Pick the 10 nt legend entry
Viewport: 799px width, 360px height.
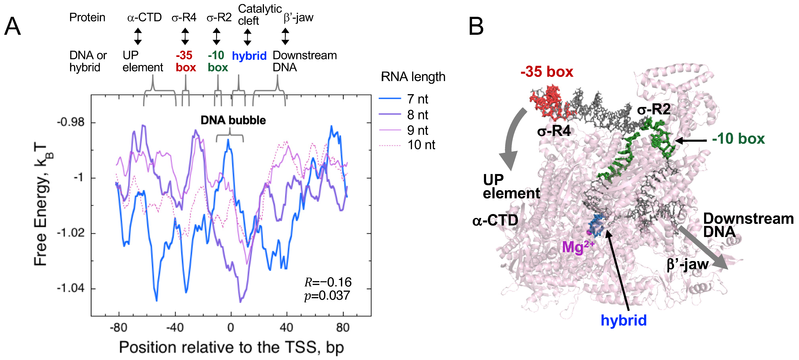click(421, 145)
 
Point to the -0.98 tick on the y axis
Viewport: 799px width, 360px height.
click(71, 122)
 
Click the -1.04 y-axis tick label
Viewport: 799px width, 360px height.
click(71, 288)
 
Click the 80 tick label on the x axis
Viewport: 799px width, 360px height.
click(343, 327)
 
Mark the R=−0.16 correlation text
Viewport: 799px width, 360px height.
click(328, 282)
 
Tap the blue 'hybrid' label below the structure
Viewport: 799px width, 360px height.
click(623, 320)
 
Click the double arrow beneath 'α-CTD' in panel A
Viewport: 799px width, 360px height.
click(138, 36)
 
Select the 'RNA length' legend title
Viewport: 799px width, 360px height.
click(413, 77)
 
